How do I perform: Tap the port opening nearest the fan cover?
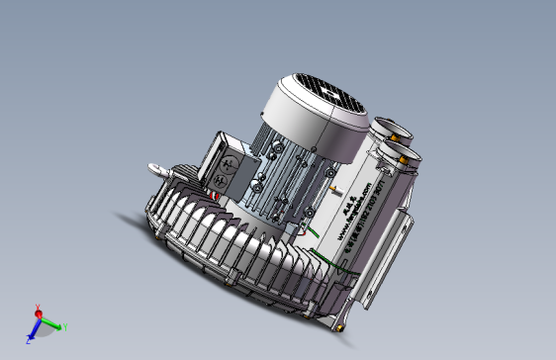386,129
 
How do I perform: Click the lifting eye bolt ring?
154,170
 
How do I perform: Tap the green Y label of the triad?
64,327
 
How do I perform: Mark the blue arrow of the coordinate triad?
34,333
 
